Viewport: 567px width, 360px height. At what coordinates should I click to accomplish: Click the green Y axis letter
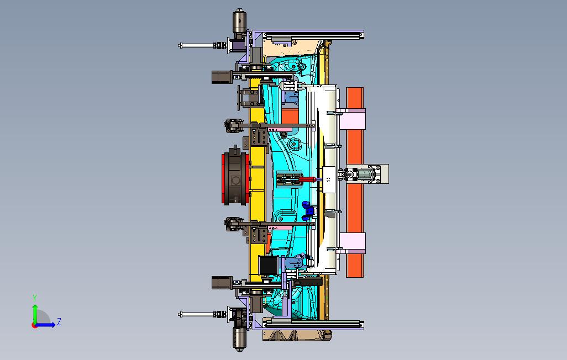coord(35,298)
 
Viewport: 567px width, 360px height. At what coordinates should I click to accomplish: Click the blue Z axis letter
coord(59,321)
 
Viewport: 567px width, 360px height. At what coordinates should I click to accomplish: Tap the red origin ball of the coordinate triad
coord(34,325)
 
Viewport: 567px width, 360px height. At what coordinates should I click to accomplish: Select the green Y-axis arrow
coord(35,314)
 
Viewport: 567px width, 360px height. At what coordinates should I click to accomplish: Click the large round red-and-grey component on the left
coord(235,178)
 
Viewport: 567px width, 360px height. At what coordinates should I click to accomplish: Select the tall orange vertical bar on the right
coord(355,182)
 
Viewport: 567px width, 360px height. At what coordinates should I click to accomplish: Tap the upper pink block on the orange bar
coord(353,119)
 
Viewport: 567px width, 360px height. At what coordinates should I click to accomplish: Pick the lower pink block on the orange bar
coord(353,243)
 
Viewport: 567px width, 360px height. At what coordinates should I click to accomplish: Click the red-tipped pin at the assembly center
coord(307,179)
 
